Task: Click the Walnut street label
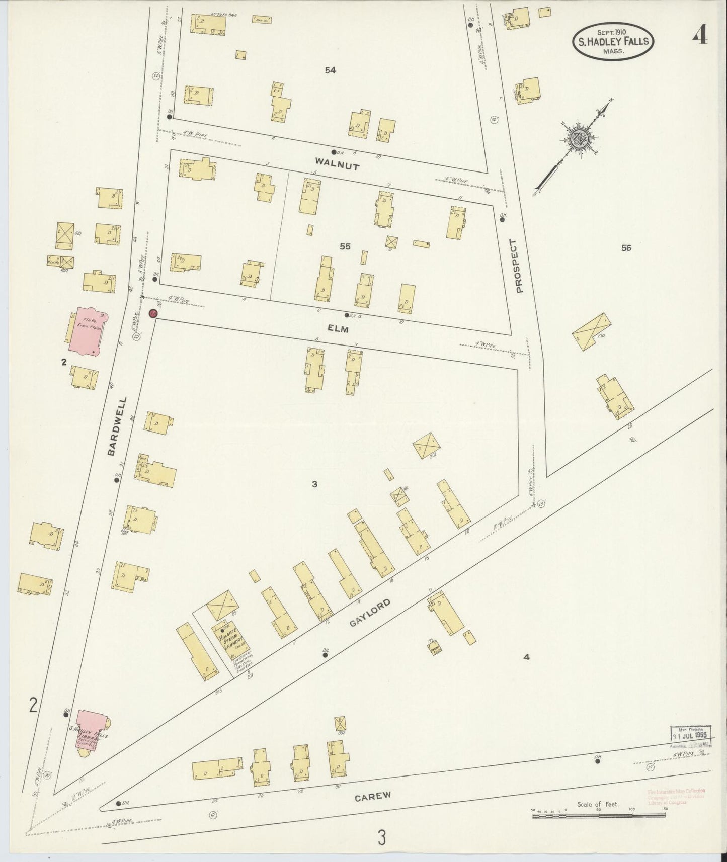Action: tap(337, 164)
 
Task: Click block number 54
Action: tap(330, 71)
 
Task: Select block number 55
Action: tap(345, 246)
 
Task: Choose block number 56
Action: tap(626, 247)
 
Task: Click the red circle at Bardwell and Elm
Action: tap(153, 314)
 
